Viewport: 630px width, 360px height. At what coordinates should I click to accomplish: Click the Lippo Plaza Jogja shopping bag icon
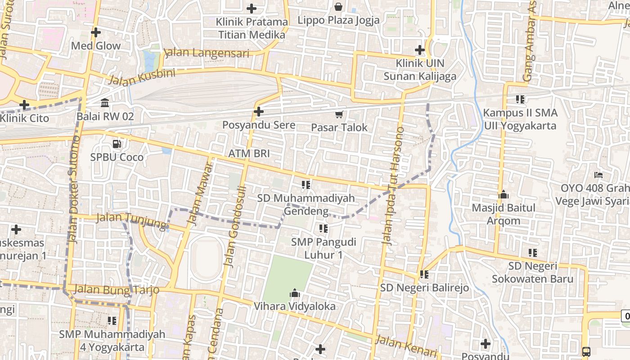point(338,7)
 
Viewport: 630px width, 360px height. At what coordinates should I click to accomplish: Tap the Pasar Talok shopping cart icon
point(339,114)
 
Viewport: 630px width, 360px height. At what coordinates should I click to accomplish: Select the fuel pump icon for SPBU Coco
point(117,144)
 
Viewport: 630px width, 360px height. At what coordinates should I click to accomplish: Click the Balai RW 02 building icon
point(105,103)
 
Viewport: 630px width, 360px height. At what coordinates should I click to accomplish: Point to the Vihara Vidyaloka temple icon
point(295,293)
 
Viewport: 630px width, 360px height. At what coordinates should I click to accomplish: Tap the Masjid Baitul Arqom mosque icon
point(504,195)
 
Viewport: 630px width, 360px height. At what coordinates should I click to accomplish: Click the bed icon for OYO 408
point(598,175)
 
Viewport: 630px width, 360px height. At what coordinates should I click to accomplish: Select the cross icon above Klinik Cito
point(24,105)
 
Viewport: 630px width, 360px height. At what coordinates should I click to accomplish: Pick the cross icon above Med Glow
point(95,32)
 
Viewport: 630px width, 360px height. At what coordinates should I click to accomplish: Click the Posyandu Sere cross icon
point(259,112)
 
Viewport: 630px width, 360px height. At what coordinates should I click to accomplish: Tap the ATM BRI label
point(249,153)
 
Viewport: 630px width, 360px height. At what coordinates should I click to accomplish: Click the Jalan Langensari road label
point(207,53)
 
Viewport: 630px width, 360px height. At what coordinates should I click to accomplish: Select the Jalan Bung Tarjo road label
point(117,289)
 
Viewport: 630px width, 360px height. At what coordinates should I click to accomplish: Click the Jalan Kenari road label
point(406,346)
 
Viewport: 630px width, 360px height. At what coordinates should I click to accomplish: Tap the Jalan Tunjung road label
point(132,220)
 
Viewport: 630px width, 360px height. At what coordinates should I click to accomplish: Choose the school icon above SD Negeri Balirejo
point(424,274)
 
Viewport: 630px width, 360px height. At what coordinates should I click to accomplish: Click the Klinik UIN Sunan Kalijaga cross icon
point(420,50)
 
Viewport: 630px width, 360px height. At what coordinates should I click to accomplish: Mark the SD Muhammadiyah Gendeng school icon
point(306,184)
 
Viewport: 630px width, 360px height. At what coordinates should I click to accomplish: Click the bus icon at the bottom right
point(586,351)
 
